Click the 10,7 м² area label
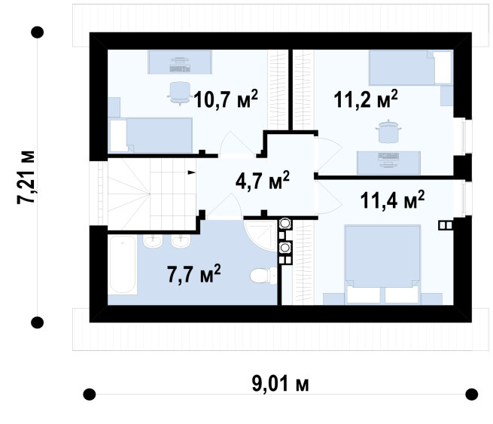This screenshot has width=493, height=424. click(x=226, y=99)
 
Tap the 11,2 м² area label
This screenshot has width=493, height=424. click(x=366, y=99)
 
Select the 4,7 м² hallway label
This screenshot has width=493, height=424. click(x=262, y=181)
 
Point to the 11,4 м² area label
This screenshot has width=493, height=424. click(x=392, y=200)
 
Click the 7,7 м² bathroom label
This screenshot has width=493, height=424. click(x=193, y=274)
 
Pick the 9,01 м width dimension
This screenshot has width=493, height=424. click(x=280, y=384)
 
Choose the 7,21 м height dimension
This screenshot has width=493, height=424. click(x=26, y=178)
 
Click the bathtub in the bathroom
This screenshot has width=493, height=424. click(x=123, y=265)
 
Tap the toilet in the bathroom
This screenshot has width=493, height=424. click(x=263, y=276)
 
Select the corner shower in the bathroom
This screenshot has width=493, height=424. click(x=260, y=236)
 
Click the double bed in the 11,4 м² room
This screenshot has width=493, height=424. click(x=382, y=264)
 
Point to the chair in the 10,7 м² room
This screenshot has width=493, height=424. click(x=180, y=93)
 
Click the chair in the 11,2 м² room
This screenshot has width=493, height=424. click(x=389, y=131)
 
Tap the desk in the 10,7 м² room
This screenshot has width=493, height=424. click(x=180, y=63)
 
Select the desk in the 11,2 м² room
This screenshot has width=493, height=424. click(x=388, y=163)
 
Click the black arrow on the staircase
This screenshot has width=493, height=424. click(x=191, y=172)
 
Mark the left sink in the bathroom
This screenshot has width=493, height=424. click(x=153, y=241)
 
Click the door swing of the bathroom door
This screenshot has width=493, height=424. click(x=225, y=206)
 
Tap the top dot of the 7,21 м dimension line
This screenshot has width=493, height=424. click(x=38, y=32)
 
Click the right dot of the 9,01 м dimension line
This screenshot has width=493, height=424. click(x=472, y=394)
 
